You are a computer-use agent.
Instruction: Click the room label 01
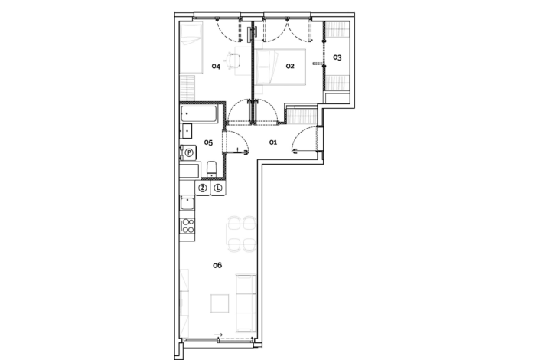pyautogui.click(x=272, y=142)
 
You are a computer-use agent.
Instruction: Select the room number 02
pyautogui.click(x=290, y=67)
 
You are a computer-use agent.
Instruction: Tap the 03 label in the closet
pyautogui.click(x=337, y=57)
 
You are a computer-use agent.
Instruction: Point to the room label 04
pyautogui.click(x=217, y=67)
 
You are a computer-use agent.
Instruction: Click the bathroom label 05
pyautogui.click(x=207, y=142)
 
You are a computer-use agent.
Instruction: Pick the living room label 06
pyautogui.click(x=217, y=265)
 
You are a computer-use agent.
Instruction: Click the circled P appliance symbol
pyautogui.click(x=188, y=153)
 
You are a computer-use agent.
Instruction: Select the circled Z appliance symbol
pyautogui.click(x=203, y=188)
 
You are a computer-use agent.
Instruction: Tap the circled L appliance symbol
pyautogui.click(x=217, y=188)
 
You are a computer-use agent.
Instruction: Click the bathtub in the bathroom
pyautogui.click(x=200, y=114)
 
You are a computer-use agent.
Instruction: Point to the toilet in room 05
pyautogui.click(x=212, y=168)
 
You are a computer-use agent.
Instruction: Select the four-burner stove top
pyautogui.click(x=187, y=226)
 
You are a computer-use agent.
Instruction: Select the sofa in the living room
pyautogui.click(x=246, y=302)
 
